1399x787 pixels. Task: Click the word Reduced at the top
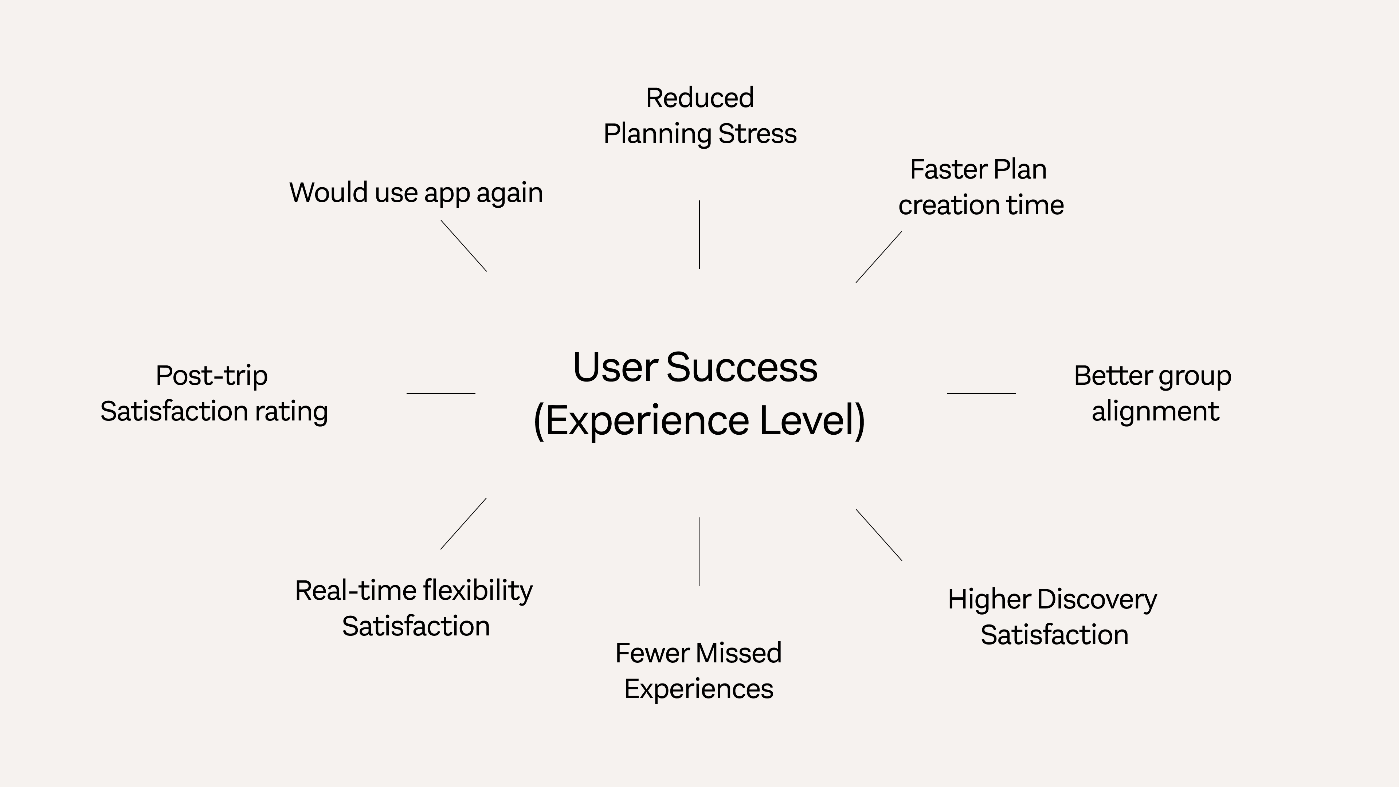699,98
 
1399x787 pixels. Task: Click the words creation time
981,205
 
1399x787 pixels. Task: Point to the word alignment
1155,411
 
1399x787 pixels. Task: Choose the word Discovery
1097,600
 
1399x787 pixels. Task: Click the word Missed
739,653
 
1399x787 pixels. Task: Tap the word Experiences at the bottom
698,689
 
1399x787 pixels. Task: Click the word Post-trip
212,376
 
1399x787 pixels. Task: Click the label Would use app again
416,193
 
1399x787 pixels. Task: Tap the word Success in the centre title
741,368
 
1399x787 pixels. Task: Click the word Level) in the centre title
812,420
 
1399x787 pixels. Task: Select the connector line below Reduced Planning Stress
699,235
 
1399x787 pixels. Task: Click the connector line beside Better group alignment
981,393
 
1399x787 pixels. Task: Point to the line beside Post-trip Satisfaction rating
441,393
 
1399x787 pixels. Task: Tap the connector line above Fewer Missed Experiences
699,551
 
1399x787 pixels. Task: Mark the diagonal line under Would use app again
463,246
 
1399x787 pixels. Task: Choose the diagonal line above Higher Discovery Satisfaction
879,535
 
